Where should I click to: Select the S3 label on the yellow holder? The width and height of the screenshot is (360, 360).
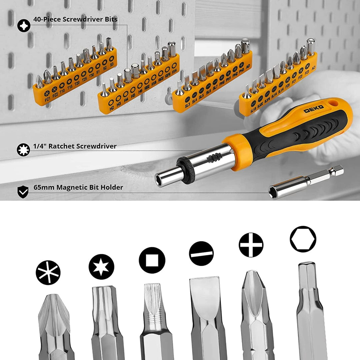tap(111, 63)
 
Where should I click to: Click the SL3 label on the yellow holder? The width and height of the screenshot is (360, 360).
tap(187, 105)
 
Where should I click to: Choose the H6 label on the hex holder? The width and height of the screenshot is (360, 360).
tap(140, 91)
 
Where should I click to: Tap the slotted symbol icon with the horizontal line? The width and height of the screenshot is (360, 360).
tap(201, 253)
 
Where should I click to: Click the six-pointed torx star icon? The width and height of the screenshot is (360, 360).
tap(101, 267)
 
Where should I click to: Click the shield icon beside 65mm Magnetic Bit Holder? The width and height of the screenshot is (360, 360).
tap(23, 192)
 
